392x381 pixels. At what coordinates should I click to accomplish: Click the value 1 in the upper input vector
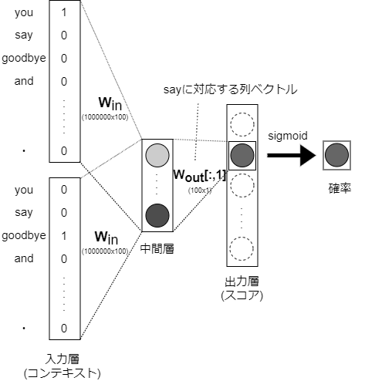point(64,12)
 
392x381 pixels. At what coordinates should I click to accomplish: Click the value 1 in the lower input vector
point(64,235)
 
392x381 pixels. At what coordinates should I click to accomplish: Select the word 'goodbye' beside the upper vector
point(24,58)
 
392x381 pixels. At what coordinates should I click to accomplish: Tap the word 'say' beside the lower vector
point(24,212)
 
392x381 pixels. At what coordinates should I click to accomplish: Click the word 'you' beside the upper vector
point(24,12)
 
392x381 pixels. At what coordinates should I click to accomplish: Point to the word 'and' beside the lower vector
point(24,258)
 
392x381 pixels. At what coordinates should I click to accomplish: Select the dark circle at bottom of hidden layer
point(156,214)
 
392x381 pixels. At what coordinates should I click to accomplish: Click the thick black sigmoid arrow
point(292,157)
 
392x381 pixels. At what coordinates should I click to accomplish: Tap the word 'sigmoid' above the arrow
point(288,135)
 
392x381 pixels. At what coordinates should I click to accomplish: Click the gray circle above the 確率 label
point(337,155)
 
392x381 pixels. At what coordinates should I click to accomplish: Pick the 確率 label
point(337,187)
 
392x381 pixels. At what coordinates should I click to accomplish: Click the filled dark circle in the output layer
point(242,156)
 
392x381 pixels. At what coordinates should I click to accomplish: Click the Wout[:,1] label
point(198,175)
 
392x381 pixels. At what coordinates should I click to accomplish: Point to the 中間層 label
point(156,248)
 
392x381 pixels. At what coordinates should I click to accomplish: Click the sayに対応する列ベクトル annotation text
point(230,90)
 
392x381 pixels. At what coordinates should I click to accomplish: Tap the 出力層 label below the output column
point(242,282)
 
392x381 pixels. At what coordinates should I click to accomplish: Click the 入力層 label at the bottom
point(63,360)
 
